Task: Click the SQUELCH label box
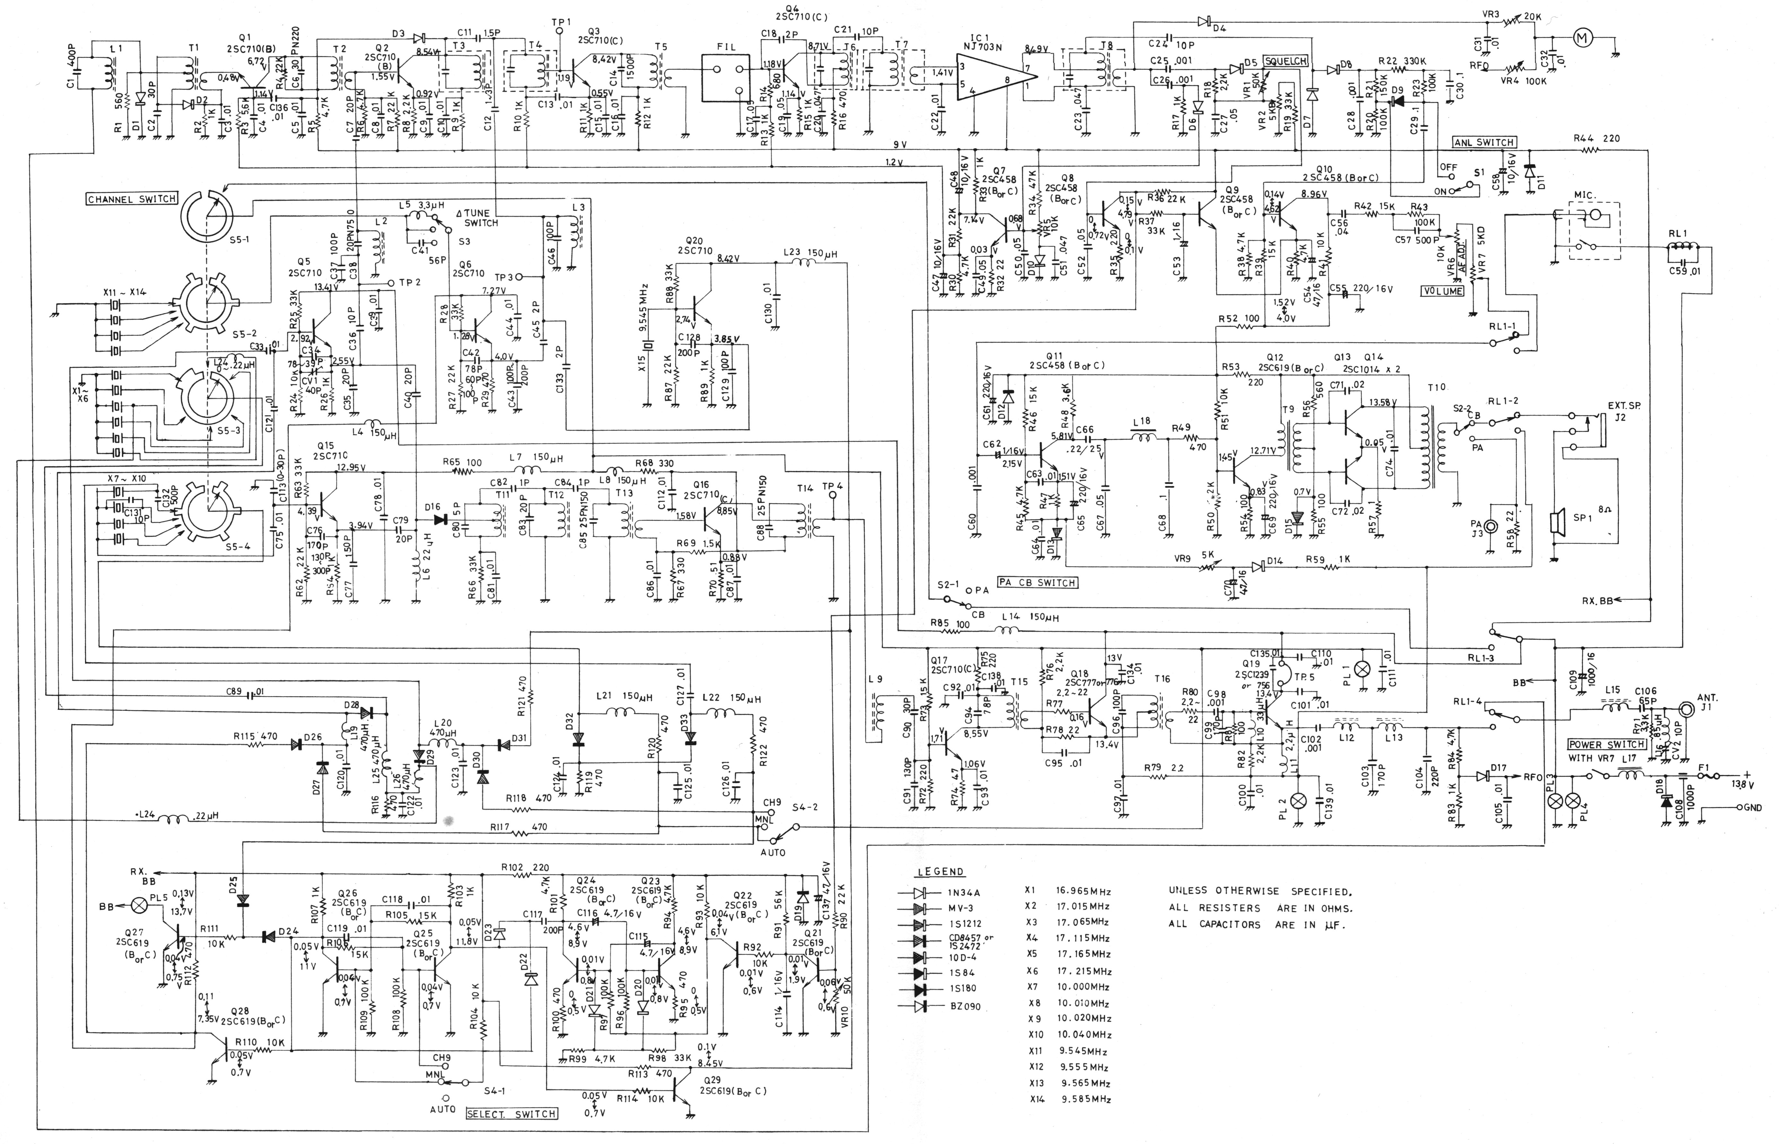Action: coord(1285,62)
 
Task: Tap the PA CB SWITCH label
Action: coord(1038,582)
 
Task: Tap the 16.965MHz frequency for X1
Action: coord(1082,891)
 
